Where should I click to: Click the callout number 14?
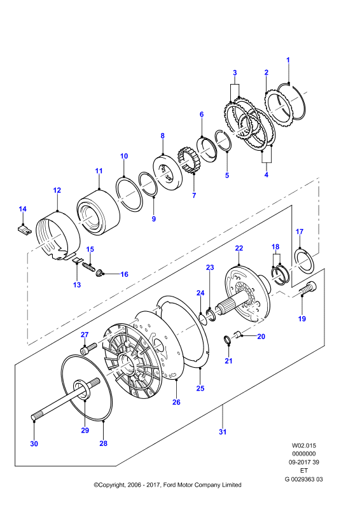click(22, 209)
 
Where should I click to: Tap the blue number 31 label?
click(223, 432)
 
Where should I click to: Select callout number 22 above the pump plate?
click(239, 248)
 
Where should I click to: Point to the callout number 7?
click(194, 195)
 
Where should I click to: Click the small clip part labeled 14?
click(24, 230)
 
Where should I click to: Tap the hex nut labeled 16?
click(99, 274)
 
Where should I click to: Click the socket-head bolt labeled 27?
click(88, 348)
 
